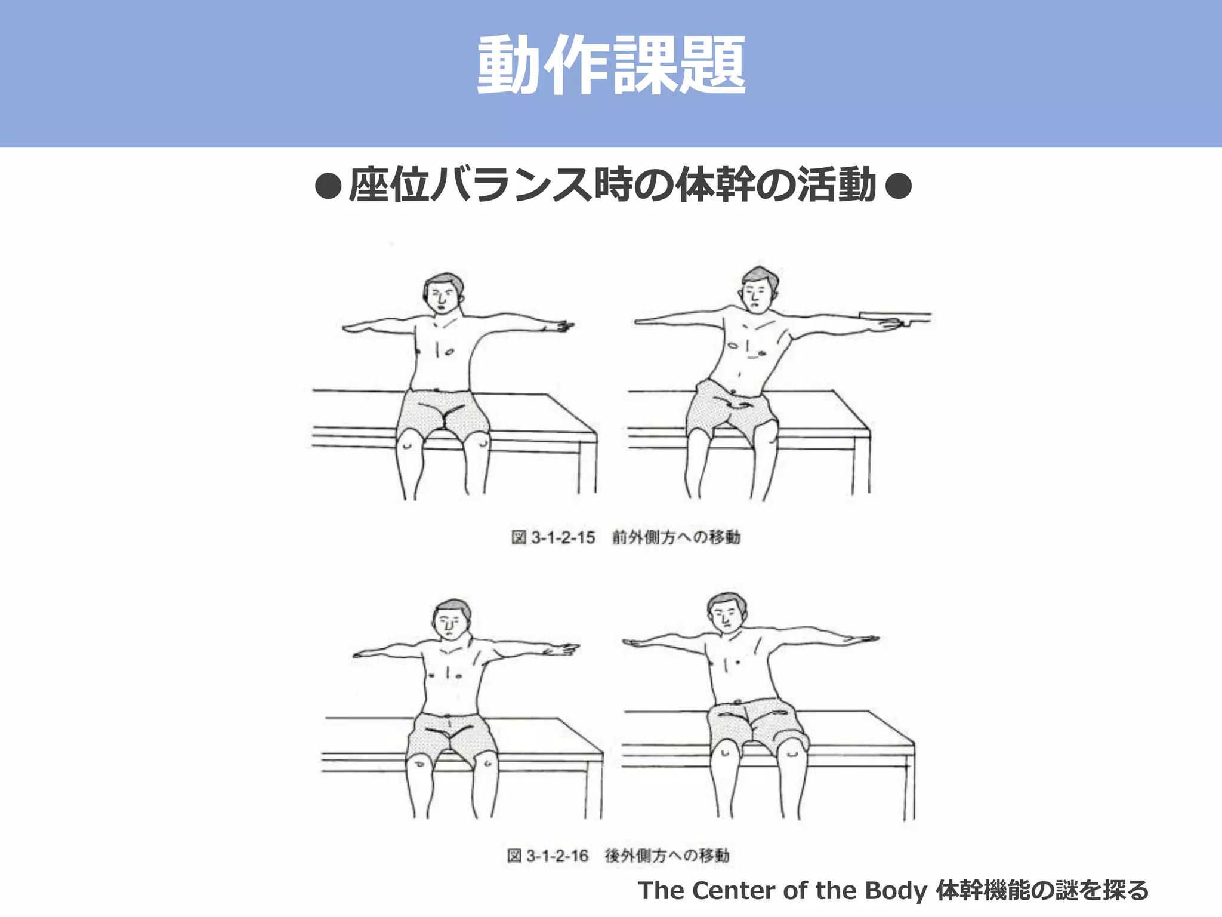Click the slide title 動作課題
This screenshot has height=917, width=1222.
(611, 64)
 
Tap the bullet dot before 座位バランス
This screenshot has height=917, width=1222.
(328, 186)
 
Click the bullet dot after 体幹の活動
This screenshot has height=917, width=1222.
(898, 186)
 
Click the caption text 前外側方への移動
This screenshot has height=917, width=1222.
(676, 537)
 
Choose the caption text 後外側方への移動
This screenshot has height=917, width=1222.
(667, 856)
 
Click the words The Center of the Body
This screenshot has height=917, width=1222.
(782, 890)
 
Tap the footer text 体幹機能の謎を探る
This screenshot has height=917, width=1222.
(1042, 890)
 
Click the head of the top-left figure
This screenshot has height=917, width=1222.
(443, 293)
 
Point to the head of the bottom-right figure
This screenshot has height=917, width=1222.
(726, 613)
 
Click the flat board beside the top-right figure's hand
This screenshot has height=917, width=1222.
(895, 317)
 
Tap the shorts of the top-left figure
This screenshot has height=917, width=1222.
(443, 412)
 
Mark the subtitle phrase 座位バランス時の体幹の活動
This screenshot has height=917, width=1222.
(612, 186)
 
